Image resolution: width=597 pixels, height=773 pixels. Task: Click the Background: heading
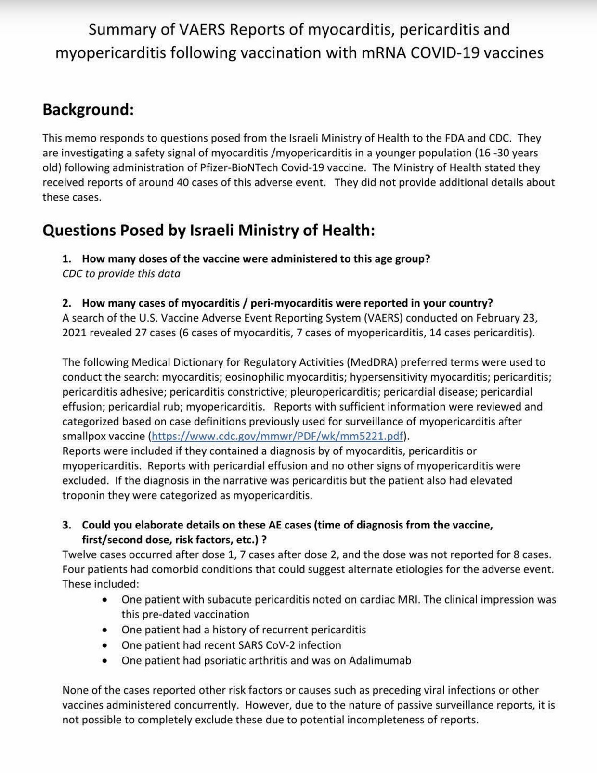(88, 110)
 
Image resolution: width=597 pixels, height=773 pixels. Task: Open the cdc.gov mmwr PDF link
(277, 437)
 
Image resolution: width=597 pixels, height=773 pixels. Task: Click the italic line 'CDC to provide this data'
(121, 274)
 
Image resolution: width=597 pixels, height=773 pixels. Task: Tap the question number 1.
(66, 259)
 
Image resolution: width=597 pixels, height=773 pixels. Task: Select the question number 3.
(66, 525)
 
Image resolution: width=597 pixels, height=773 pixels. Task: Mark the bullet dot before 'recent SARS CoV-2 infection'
(104, 645)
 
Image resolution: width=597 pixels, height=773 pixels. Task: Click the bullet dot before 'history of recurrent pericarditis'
(104, 630)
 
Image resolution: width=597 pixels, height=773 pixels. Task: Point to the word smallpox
(82, 437)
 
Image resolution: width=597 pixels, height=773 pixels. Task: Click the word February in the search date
(497, 318)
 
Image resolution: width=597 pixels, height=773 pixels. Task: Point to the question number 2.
(66, 303)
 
